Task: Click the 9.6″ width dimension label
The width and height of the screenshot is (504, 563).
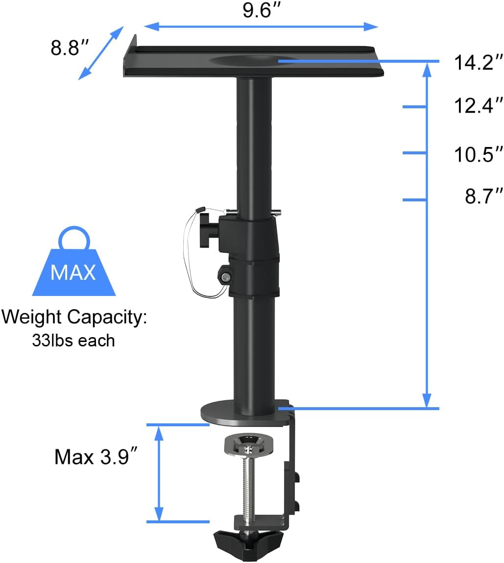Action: click(x=264, y=10)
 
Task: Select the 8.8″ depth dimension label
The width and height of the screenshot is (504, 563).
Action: click(x=70, y=48)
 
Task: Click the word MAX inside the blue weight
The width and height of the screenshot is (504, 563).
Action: click(x=73, y=272)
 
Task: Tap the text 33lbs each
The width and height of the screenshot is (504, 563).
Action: click(x=73, y=340)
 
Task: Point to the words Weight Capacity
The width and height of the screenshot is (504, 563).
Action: click(x=74, y=318)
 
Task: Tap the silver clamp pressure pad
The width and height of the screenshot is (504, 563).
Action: click(x=249, y=444)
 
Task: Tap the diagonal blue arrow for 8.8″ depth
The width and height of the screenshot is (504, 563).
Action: click(x=101, y=52)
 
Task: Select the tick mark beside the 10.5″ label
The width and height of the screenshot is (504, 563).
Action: click(x=414, y=153)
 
